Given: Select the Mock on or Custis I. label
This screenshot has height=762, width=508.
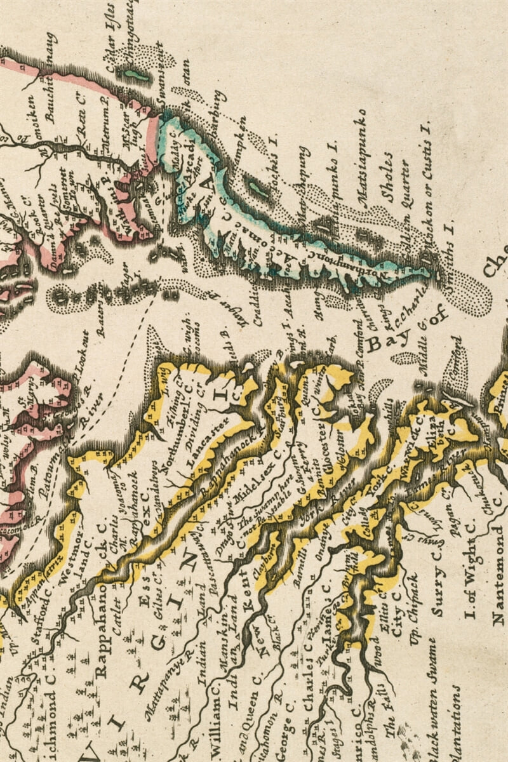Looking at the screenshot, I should (426, 190).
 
